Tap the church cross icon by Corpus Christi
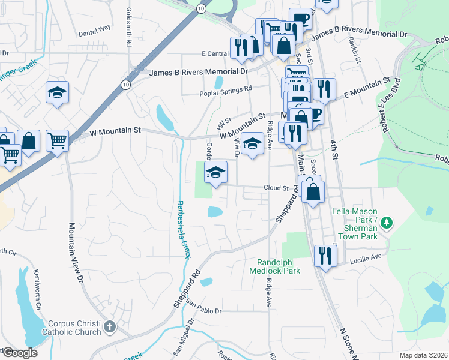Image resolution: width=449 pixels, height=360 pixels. tap(109, 327)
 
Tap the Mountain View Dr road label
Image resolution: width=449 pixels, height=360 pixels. tap(74, 252)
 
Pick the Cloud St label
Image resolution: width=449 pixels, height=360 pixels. tap(276, 188)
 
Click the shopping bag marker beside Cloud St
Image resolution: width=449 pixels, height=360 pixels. tap(313, 192)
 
